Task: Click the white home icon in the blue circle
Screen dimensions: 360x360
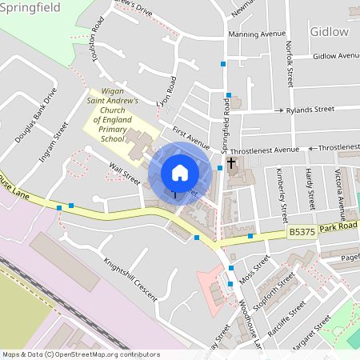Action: tap(180, 173)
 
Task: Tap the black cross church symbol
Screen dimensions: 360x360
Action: tap(231, 164)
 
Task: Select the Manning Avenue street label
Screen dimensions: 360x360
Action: tap(256, 34)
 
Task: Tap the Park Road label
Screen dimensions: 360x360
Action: tap(341, 228)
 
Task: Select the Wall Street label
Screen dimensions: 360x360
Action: tap(125, 174)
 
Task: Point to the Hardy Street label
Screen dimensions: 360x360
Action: tap(311, 185)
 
